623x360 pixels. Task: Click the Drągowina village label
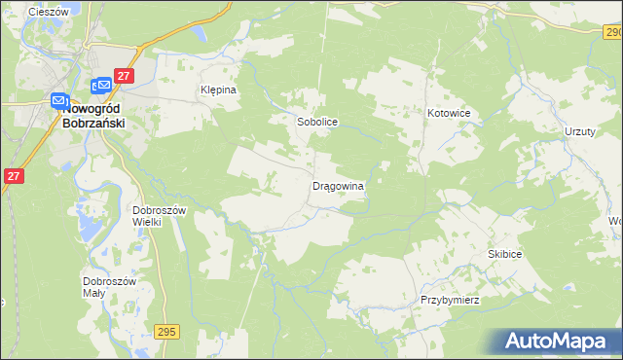click(x=338, y=185)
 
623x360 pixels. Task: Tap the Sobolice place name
click(x=316, y=124)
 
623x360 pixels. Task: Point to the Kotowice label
click(x=449, y=114)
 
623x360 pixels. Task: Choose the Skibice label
click(x=505, y=254)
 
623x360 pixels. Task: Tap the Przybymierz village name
click(x=450, y=300)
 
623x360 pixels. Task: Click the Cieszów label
click(x=47, y=12)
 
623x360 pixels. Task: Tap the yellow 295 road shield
click(x=165, y=332)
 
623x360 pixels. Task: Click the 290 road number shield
click(x=609, y=32)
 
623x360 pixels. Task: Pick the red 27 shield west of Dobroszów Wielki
click(x=13, y=176)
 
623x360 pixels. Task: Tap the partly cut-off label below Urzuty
click(x=615, y=221)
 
